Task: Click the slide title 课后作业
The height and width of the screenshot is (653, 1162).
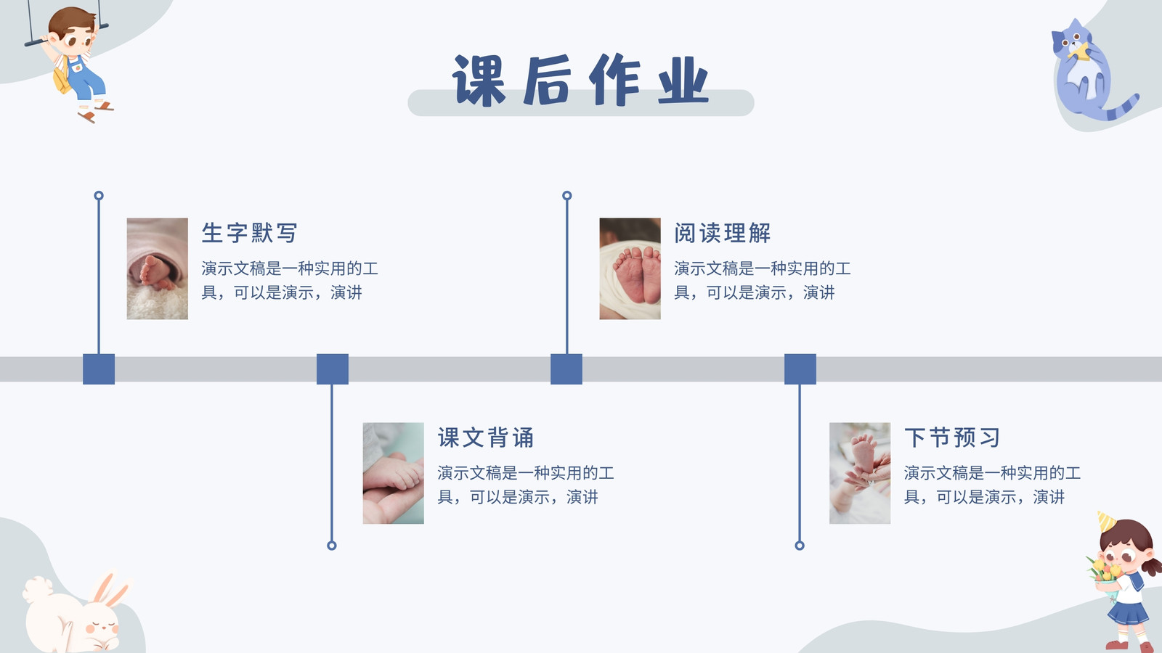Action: click(x=580, y=81)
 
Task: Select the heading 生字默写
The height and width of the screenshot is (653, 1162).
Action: click(x=249, y=233)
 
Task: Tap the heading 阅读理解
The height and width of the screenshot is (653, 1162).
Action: click(x=722, y=233)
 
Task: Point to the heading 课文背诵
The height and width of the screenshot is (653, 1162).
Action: click(x=486, y=438)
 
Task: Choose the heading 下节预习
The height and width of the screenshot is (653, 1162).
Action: click(x=952, y=438)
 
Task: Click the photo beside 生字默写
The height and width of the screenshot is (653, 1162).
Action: click(x=157, y=268)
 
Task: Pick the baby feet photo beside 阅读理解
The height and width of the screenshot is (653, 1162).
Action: click(x=630, y=268)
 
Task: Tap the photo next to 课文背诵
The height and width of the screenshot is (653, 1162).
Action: click(x=393, y=473)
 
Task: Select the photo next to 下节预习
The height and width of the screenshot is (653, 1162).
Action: click(x=860, y=473)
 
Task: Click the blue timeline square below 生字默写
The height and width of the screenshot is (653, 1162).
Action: click(x=99, y=369)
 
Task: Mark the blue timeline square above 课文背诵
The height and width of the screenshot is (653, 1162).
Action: click(x=333, y=369)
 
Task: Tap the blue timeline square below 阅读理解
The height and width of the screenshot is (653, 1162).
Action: click(x=566, y=369)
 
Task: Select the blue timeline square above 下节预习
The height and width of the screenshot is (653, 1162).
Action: click(x=800, y=369)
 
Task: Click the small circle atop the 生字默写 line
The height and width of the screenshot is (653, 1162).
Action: click(x=99, y=195)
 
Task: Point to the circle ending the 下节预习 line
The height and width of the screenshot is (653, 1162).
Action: click(x=800, y=545)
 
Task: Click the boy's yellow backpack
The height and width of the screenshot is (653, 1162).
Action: click(x=62, y=78)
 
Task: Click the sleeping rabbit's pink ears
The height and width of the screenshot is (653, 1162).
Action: click(x=110, y=590)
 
